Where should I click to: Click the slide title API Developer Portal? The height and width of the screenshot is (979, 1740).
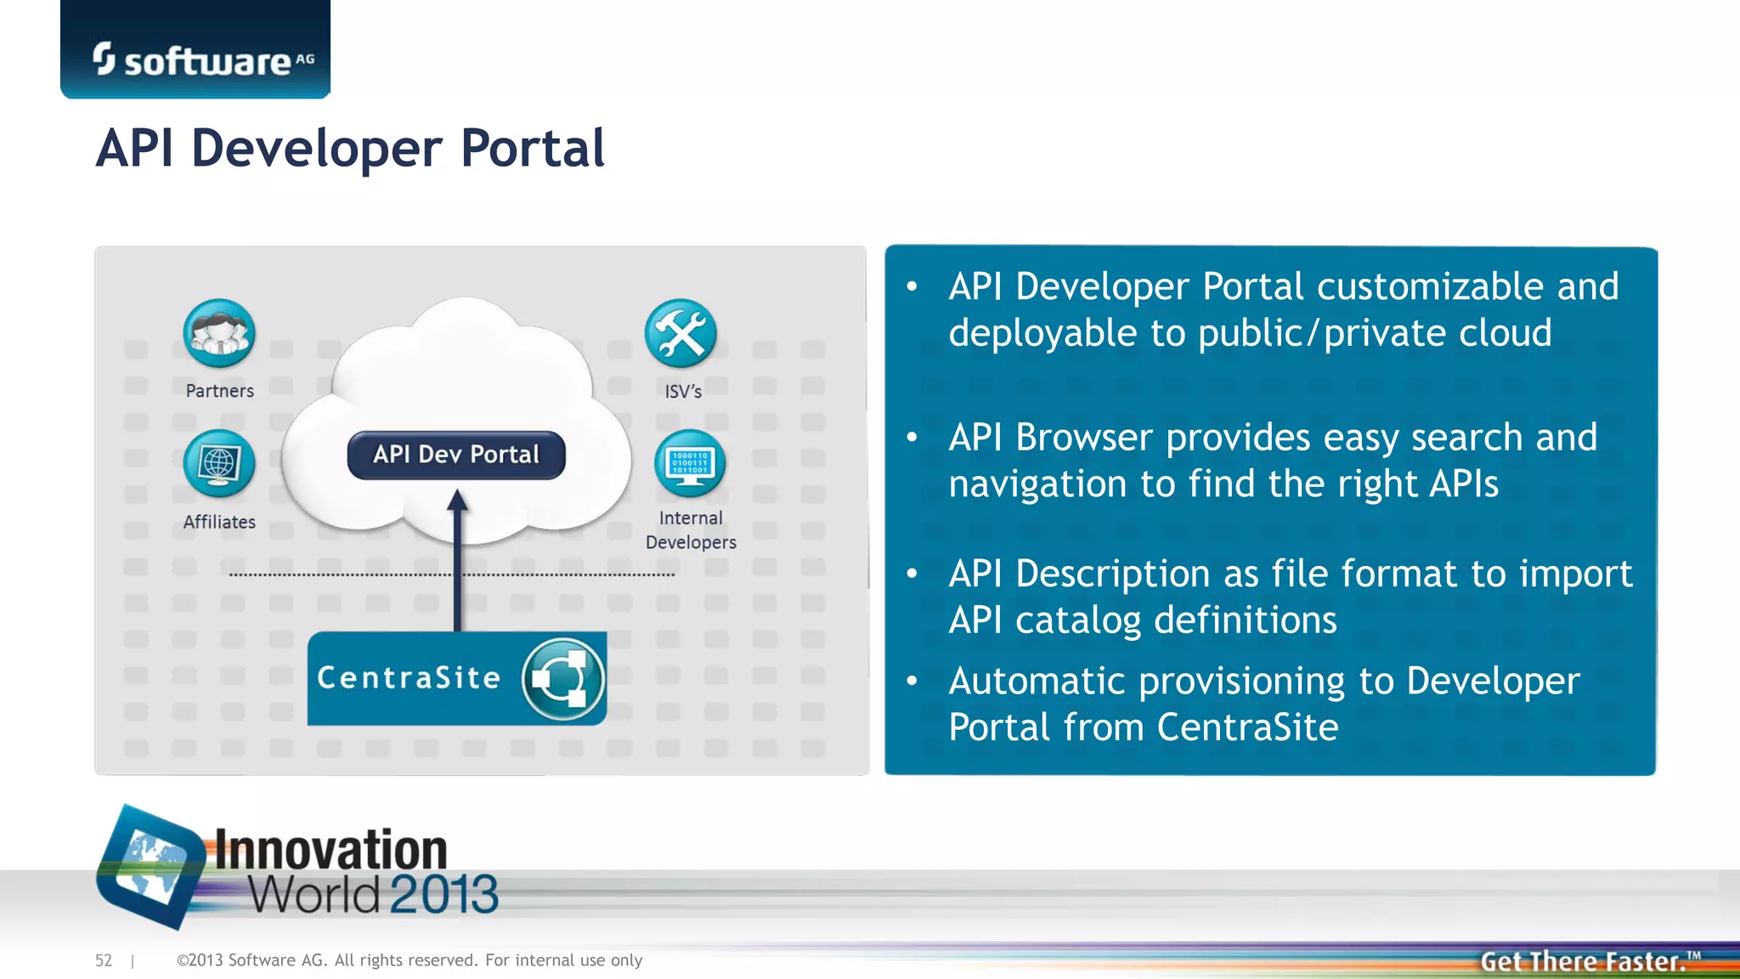click(x=350, y=149)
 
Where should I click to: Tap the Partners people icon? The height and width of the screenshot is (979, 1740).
click(x=219, y=333)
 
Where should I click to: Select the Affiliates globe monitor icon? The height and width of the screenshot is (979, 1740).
click(x=219, y=463)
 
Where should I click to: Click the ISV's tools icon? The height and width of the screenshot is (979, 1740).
click(x=681, y=333)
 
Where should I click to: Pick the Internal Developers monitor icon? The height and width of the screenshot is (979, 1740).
click(x=690, y=463)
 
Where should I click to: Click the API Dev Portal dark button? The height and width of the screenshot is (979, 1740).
click(x=456, y=455)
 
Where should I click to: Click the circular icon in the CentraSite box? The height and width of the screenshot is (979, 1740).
click(x=562, y=679)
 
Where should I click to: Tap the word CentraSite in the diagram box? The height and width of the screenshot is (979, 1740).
click(x=409, y=678)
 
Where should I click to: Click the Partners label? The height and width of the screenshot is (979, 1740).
click(x=220, y=391)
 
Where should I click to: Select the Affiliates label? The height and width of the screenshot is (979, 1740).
click(x=219, y=522)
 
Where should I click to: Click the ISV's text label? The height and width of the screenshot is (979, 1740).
click(x=683, y=392)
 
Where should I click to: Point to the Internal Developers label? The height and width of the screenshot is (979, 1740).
click(x=691, y=530)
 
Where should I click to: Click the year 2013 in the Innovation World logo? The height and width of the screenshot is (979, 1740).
click(x=443, y=894)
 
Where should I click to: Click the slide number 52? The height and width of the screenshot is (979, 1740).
click(x=104, y=960)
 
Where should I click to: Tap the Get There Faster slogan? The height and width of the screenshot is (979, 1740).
click(x=1584, y=961)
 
